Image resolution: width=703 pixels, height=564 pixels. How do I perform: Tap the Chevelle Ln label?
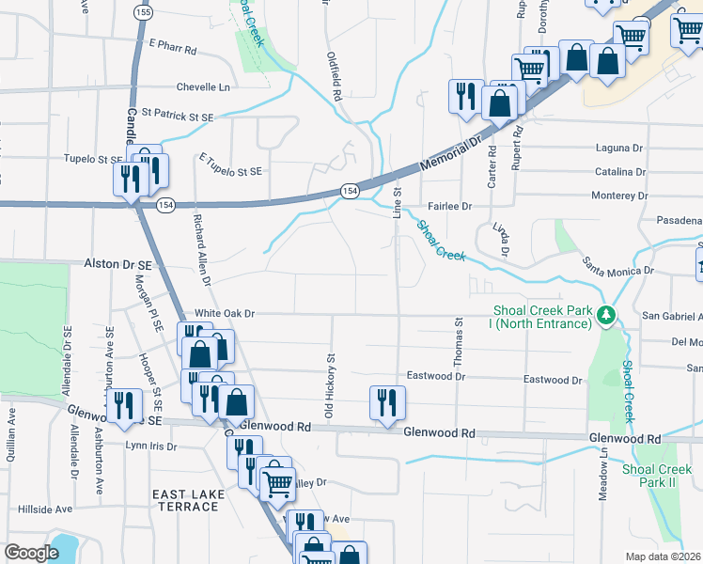203,87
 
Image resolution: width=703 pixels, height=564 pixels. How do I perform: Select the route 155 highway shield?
143,12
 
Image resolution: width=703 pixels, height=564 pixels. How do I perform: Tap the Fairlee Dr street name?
449,205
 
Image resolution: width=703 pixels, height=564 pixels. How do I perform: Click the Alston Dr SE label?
125,266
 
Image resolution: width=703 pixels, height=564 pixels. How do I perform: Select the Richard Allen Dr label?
201,248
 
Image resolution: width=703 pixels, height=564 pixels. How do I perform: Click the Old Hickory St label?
330,385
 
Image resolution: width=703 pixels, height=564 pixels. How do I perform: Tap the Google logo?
32,553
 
